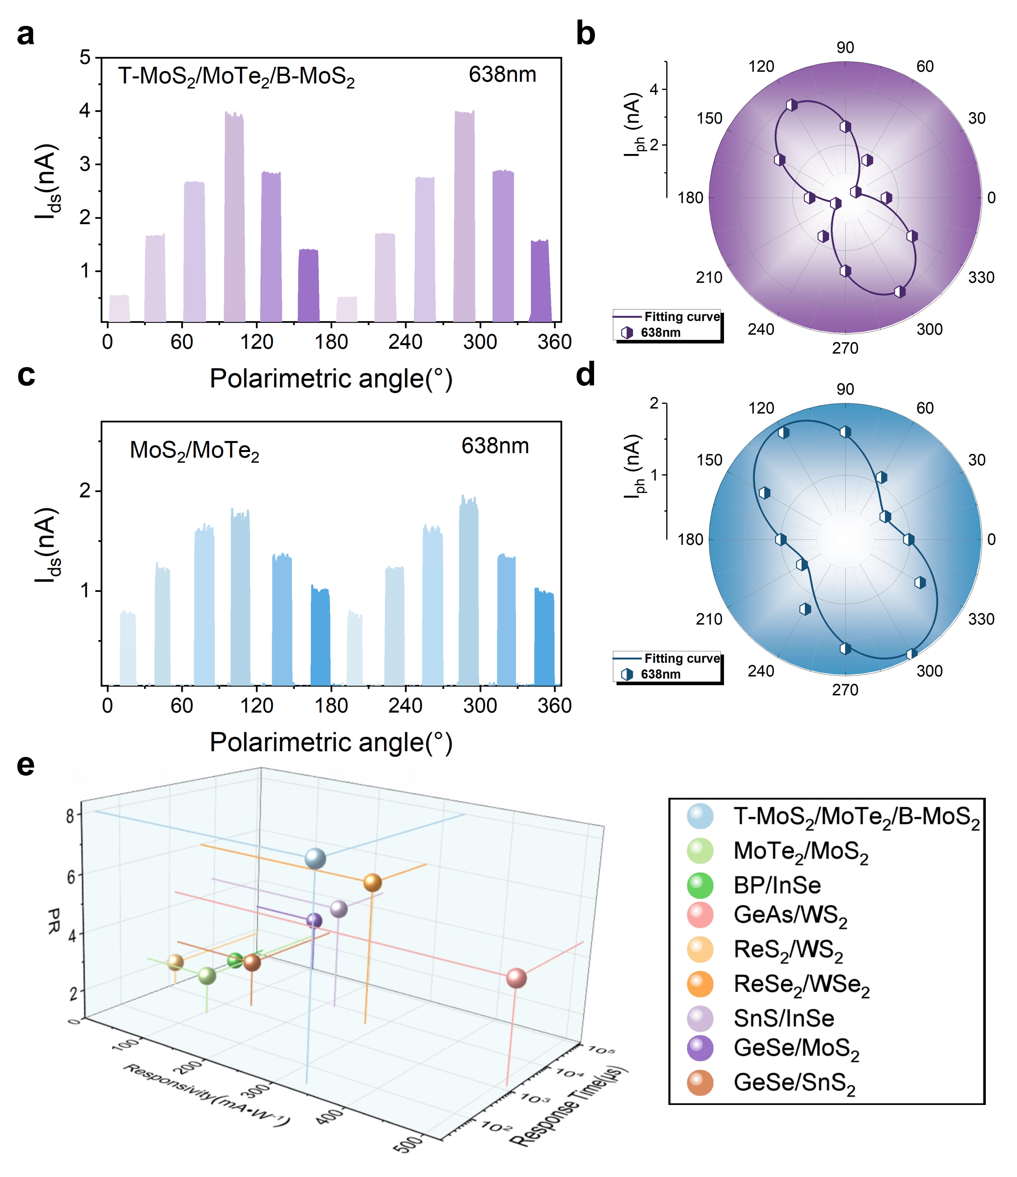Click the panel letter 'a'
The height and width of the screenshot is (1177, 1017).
click(x=26, y=35)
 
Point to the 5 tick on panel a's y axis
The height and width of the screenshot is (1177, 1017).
click(x=85, y=57)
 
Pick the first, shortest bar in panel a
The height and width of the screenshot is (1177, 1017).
click(x=119, y=308)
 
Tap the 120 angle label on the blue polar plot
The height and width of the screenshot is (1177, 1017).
click(x=761, y=408)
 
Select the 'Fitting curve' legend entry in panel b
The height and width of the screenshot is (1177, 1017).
click(x=681, y=317)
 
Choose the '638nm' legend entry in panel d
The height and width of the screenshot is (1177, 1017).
click(x=660, y=674)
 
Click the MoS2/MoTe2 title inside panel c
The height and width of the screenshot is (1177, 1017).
click(x=194, y=451)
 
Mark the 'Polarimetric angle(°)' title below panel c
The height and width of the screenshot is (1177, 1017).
click(x=331, y=742)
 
